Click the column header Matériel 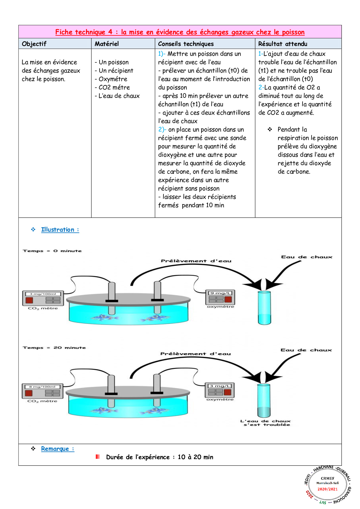[x=107, y=44]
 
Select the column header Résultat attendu [x=282, y=44]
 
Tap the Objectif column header [x=34, y=44]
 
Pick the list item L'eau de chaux [x=119, y=96]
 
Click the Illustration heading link [x=60, y=230]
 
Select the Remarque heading [x=57, y=449]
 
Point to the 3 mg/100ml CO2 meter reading [x=43, y=294]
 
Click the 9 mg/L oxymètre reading [x=220, y=293]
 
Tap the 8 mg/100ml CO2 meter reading [x=42, y=387]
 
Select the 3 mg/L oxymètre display [x=220, y=386]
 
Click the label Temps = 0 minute [x=52, y=251]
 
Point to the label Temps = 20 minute [x=54, y=347]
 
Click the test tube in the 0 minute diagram [x=264, y=308]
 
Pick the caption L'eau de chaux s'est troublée [x=265, y=423]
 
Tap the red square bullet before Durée [x=98, y=457]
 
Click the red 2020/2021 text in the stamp [x=327, y=489]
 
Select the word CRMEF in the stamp [x=327, y=478]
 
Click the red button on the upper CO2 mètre [x=29, y=300]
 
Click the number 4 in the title [x=110, y=32]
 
